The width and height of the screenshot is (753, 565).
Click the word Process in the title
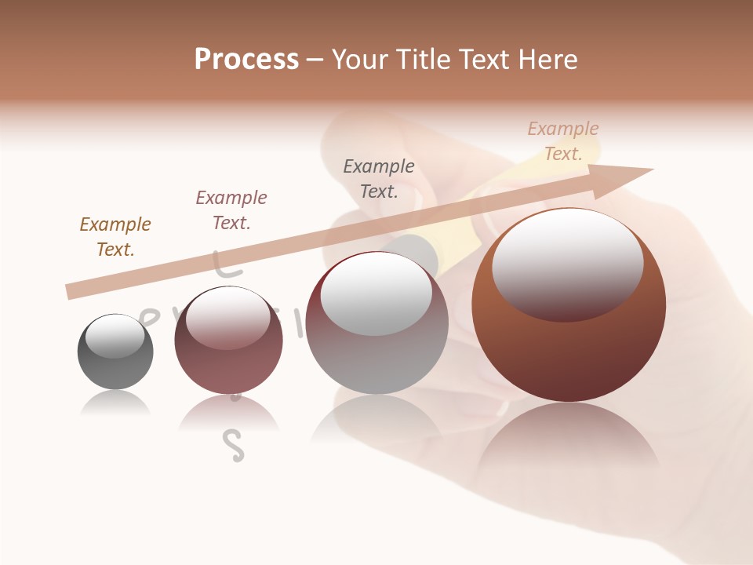coord(246,59)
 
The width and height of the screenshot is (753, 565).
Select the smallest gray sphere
coord(115,352)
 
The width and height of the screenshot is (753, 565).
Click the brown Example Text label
coord(115,236)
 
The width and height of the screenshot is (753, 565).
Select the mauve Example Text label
coord(231,210)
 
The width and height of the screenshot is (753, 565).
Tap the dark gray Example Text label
coord(379,178)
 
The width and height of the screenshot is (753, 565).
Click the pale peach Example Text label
coord(563,141)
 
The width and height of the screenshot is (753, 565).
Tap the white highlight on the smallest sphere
coord(115,335)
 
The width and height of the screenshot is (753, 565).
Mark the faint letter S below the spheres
coord(234,446)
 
